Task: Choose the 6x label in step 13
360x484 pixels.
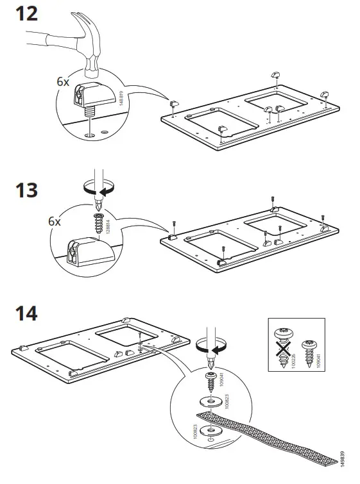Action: [x=54, y=222]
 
